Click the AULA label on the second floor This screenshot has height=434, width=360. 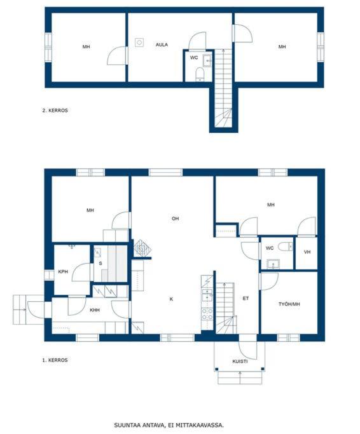(x=162, y=44)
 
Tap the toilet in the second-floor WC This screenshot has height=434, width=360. (x=200, y=74)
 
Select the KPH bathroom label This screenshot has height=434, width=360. (x=63, y=271)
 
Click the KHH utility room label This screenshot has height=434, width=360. (x=95, y=310)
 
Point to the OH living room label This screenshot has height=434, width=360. (x=175, y=219)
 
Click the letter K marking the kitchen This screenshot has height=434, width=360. (x=171, y=299)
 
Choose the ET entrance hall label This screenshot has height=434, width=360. (x=246, y=299)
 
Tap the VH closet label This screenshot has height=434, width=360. (x=307, y=252)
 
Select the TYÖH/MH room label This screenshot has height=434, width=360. (x=289, y=304)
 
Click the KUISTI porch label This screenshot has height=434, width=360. (x=240, y=362)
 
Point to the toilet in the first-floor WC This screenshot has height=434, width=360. (x=285, y=246)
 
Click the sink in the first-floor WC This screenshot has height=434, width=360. (x=273, y=264)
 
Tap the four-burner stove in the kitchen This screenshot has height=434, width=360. (x=207, y=315)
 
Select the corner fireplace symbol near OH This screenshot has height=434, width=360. (x=142, y=248)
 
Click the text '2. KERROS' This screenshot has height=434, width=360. (x=55, y=110)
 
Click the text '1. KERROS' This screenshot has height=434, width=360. (x=55, y=360)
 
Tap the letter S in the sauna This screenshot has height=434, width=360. (x=100, y=264)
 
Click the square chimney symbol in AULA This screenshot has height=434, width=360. (x=139, y=43)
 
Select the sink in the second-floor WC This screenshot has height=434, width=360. (x=207, y=60)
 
